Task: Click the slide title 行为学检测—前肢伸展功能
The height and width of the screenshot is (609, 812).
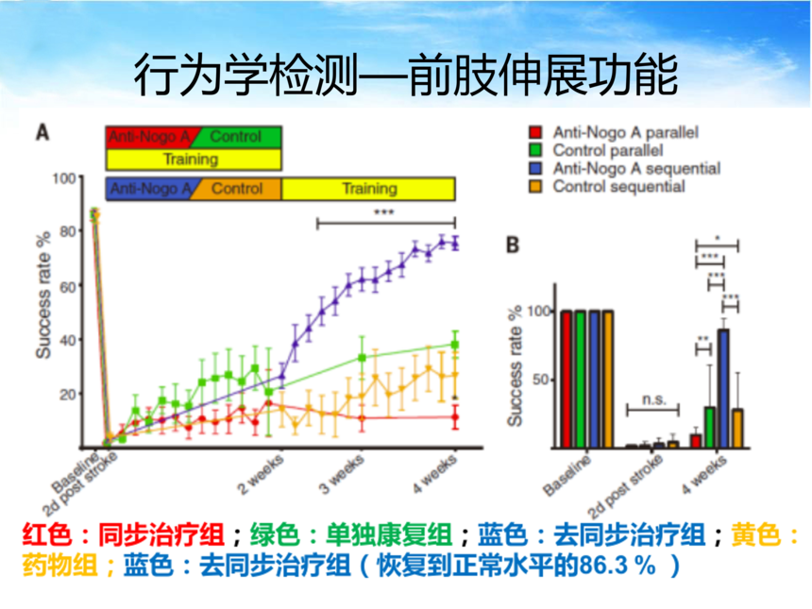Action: tap(405, 75)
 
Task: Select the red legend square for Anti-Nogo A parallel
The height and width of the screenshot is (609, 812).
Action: tap(535, 133)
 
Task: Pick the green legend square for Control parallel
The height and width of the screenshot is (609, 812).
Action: tap(535, 151)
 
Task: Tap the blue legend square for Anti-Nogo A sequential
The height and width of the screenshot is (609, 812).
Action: tap(535, 169)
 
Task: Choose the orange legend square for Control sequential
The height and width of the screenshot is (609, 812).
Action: tap(535, 187)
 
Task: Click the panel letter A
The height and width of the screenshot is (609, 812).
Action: tap(43, 133)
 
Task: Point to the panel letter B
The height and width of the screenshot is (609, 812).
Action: tap(513, 245)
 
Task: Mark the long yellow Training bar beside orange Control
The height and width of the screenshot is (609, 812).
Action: tap(368, 189)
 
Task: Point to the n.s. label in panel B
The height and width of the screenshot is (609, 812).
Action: tap(652, 399)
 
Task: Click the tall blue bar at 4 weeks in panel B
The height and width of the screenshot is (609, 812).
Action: tap(724, 388)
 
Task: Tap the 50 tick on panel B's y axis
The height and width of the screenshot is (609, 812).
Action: tap(542, 380)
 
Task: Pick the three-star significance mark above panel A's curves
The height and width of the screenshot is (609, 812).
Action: tap(383, 213)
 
